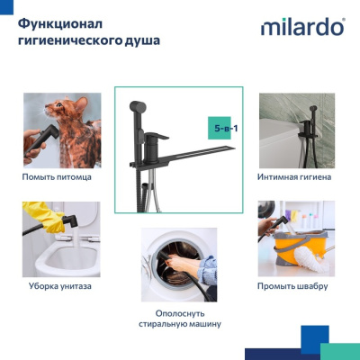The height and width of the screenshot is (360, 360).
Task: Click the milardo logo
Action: pyautogui.click(x=302, y=26)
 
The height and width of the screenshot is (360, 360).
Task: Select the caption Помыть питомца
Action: pyautogui.click(x=56, y=177)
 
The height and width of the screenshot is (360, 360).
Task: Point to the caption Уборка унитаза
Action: pyautogui.click(x=59, y=286)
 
